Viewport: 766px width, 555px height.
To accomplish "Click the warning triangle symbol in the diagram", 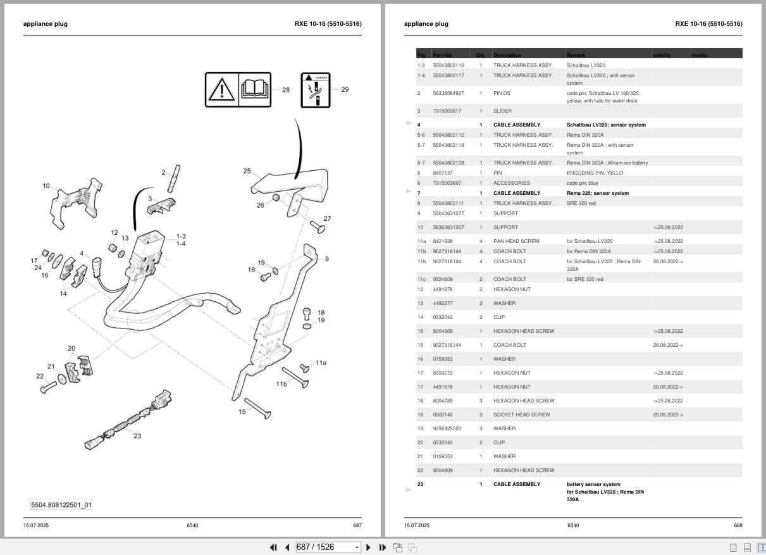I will (x=221, y=90).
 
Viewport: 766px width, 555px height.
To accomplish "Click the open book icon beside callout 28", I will (x=254, y=89).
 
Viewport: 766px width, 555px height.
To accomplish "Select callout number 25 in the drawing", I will (x=247, y=171).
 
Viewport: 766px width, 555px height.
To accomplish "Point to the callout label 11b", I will (x=281, y=384).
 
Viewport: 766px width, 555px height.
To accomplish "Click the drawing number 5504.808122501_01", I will (x=61, y=505).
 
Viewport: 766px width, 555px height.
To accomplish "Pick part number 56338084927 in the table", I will (x=448, y=93).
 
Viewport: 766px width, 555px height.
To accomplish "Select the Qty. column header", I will (x=481, y=55).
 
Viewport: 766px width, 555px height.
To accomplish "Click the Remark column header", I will (x=576, y=55).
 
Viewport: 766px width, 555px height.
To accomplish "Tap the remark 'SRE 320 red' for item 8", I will (x=581, y=203).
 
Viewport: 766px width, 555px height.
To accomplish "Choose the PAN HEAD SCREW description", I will (x=516, y=241).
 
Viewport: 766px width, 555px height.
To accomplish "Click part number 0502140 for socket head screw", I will (x=442, y=415).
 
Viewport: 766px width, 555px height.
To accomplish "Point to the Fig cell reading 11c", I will (x=421, y=279).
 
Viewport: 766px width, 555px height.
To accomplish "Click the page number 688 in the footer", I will (x=738, y=525).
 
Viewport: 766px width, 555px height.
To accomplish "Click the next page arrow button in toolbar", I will (x=369, y=547).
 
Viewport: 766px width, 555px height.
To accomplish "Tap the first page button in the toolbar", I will (x=273, y=547).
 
